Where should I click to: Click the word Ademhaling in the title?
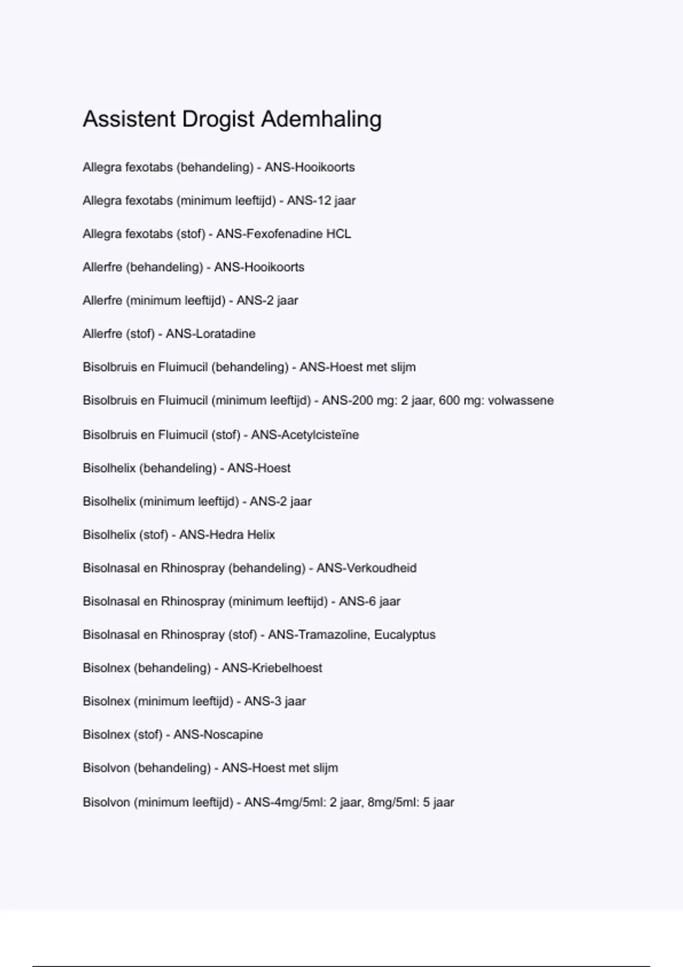321,119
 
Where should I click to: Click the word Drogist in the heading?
218,119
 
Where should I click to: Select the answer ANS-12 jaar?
321,201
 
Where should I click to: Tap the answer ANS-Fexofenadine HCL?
283,234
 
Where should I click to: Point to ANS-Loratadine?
211,334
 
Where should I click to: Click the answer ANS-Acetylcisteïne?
305,435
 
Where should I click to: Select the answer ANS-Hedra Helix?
227,535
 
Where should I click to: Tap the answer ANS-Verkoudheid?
367,568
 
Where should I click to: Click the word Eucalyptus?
405,635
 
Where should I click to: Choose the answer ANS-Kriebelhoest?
272,668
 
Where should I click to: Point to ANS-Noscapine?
218,735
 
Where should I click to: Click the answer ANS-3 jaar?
275,701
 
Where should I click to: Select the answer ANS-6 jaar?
369,601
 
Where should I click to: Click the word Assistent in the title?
129,119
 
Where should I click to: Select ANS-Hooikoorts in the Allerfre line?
259,267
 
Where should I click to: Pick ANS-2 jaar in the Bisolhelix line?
281,502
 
